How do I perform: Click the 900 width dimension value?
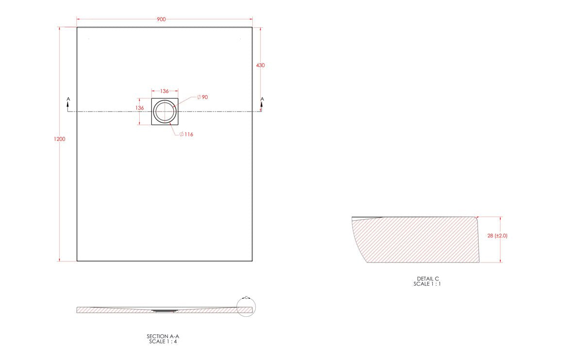point(161,19)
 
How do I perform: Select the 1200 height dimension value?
point(60,139)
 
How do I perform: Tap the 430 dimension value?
point(261,65)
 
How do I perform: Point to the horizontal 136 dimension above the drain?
point(165,91)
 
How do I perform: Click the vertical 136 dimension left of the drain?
point(140,108)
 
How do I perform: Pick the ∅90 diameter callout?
point(202,98)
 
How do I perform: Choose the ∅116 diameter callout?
point(186,134)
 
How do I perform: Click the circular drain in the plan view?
point(165,112)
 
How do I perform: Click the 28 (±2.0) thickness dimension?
point(497,236)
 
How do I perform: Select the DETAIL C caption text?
point(428,278)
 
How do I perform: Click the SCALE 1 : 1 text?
point(428,284)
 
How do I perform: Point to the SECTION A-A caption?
point(159,336)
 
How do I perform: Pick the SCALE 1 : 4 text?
point(159,341)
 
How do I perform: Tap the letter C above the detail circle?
point(246,297)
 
